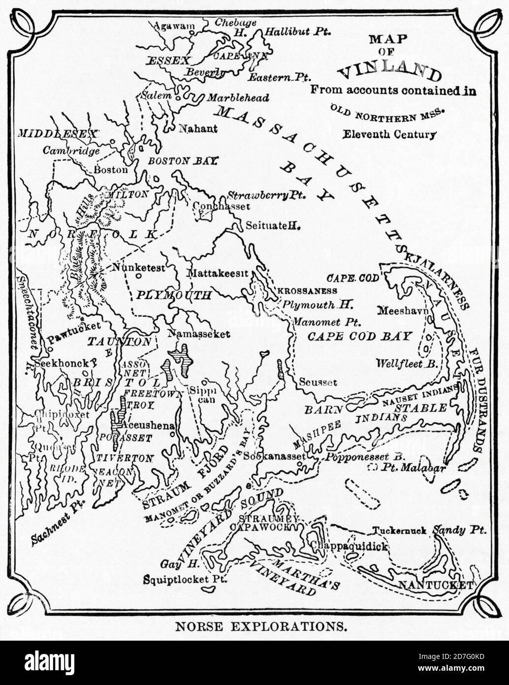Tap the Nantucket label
(x=435, y=585)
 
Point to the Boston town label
(x=110, y=170)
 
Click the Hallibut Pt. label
(x=297, y=32)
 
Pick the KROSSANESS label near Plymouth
(x=307, y=291)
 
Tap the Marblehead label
(x=238, y=98)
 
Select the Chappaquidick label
(x=349, y=547)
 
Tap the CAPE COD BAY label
(x=359, y=337)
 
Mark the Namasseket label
(x=198, y=334)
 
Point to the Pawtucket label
(x=74, y=326)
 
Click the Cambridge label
(x=71, y=151)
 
